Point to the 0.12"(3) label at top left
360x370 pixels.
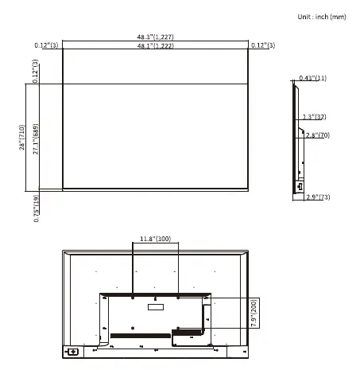[x=47, y=45]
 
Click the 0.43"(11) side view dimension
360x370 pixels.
[x=312, y=78]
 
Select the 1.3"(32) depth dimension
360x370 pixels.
[x=314, y=117]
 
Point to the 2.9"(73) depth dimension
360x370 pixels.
[x=317, y=197]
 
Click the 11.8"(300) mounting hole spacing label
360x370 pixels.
[x=155, y=239]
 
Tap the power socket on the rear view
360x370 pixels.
[x=73, y=351]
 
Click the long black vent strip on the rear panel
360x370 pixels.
[x=139, y=337]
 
